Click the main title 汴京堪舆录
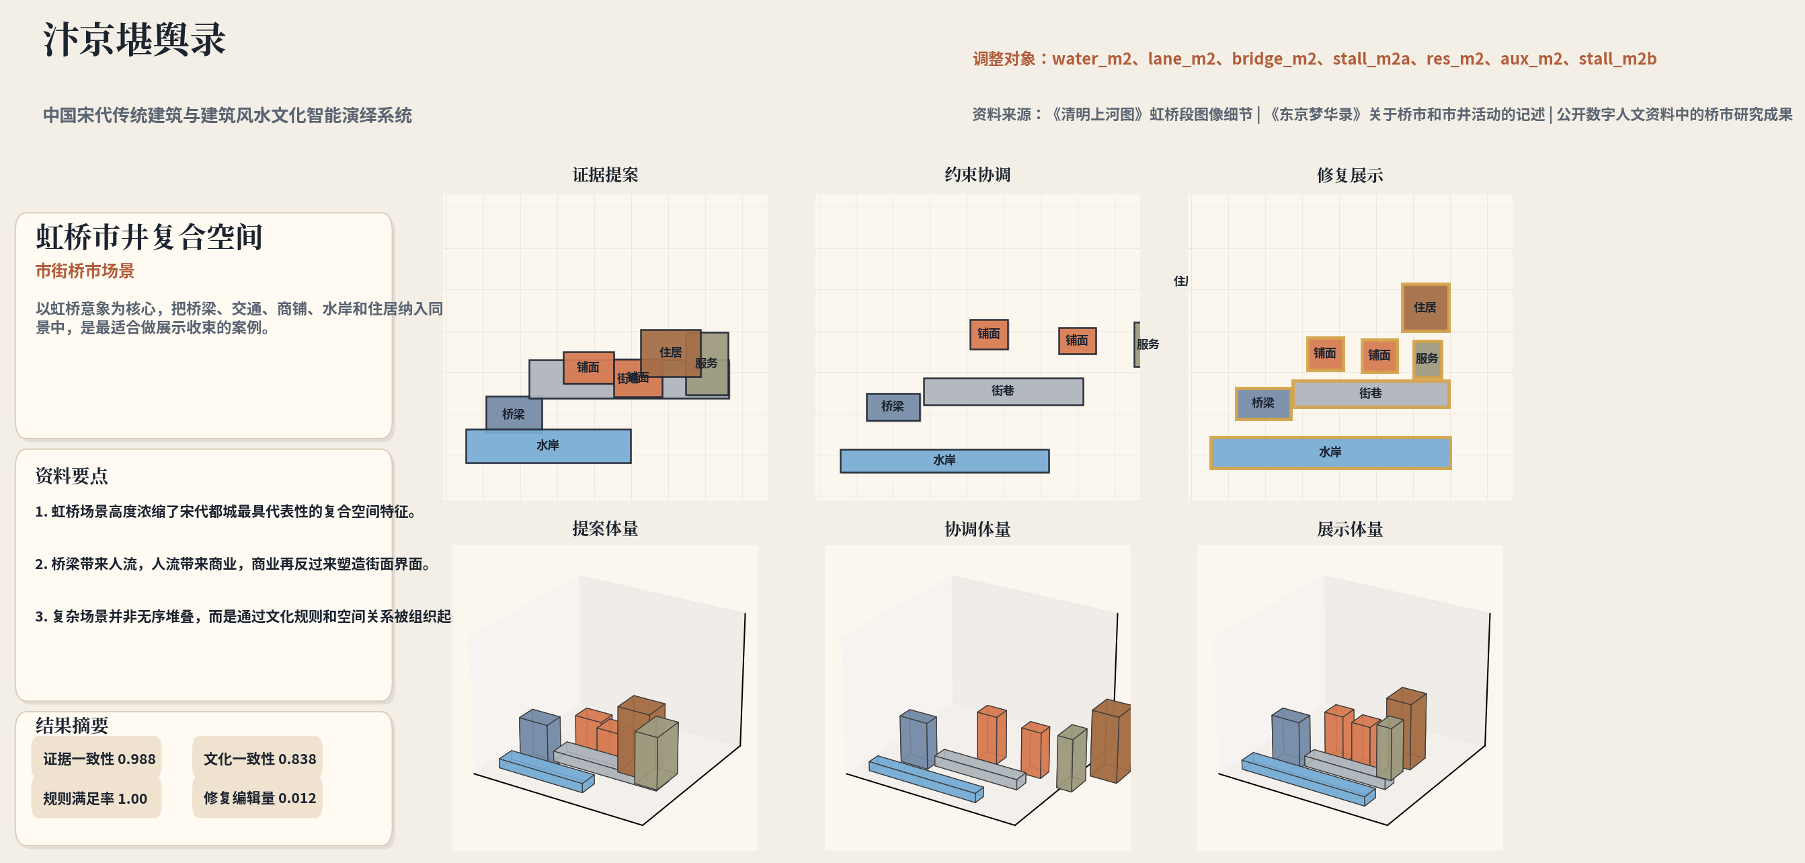click(134, 39)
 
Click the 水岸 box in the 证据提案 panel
click(548, 446)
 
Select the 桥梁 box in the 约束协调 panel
click(893, 407)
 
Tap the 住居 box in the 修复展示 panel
click(1425, 308)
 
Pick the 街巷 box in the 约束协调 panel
click(1003, 391)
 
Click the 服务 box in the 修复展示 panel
click(1427, 359)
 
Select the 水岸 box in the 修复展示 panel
click(1330, 453)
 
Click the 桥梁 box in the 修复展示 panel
click(1262, 403)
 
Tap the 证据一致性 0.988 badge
click(98, 759)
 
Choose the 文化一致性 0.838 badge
click(259, 759)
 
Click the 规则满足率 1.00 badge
click(95, 798)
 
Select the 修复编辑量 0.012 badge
click(259, 798)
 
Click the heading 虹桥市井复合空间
click(149, 237)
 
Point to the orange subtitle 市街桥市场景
click(85, 271)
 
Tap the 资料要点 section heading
click(71, 476)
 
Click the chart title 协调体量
click(977, 529)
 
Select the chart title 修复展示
click(1349, 176)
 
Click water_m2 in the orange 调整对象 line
click(1091, 59)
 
